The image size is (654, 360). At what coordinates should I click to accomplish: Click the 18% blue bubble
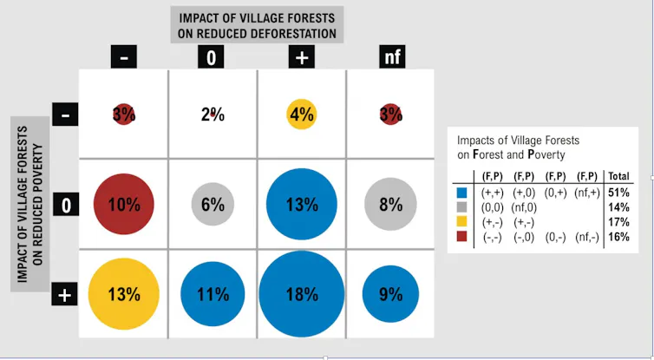302,294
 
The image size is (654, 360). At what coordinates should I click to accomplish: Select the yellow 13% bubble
124,294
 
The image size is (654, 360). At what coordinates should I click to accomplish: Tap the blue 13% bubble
302,204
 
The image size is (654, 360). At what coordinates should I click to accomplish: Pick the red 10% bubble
124,204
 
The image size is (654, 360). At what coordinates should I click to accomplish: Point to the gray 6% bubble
213,204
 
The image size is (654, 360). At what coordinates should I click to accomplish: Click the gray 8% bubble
390,204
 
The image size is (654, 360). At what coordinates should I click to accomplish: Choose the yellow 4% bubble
302,114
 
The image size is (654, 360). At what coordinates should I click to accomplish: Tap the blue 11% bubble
213,294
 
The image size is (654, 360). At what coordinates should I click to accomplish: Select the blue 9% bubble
390,294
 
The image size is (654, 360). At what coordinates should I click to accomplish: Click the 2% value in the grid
213,114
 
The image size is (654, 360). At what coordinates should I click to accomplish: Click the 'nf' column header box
392,56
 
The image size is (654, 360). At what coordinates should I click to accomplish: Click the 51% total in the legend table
618,193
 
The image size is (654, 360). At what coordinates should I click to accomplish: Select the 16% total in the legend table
618,237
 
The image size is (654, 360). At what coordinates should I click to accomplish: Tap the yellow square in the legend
461,221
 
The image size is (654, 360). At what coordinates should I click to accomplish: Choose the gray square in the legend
461,207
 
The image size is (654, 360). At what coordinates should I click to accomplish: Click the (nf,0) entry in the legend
524,207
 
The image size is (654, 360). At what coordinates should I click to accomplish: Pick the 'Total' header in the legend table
618,176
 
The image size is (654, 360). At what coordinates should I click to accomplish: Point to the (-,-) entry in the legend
493,238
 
